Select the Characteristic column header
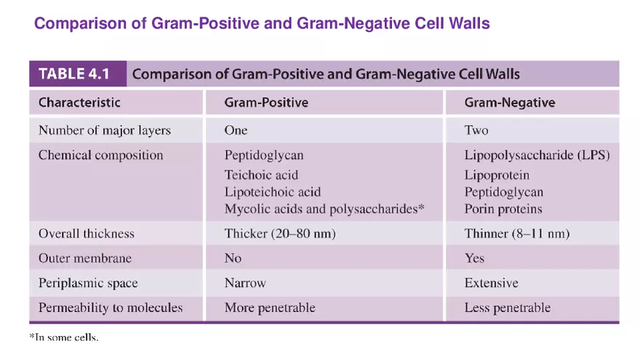click(x=79, y=103)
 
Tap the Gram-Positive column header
click(x=266, y=103)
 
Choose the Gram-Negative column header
click(x=509, y=103)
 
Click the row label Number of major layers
click(x=104, y=130)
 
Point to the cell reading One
click(x=236, y=130)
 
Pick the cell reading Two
click(x=476, y=130)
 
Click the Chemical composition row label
click(x=100, y=155)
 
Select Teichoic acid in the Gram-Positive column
click(x=261, y=175)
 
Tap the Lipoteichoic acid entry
click(x=272, y=192)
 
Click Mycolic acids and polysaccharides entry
click(x=324, y=209)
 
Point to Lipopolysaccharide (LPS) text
click(x=537, y=155)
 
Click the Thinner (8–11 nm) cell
click(x=516, y=234)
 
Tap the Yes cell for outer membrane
click(x=474, y=258)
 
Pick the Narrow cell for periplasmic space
click(x=245, y=283)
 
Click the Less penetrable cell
click(x=507, y=308)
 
